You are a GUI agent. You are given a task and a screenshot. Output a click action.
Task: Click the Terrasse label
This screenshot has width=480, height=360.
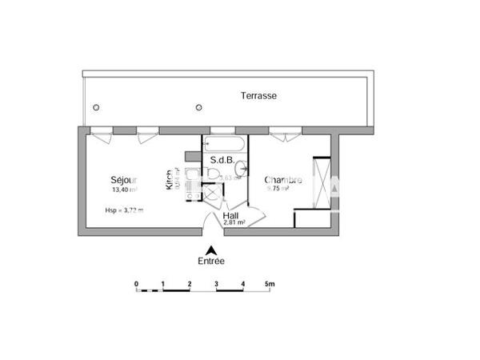pos(258,95)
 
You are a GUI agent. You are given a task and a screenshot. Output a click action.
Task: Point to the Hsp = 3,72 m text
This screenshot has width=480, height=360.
pos(124,210)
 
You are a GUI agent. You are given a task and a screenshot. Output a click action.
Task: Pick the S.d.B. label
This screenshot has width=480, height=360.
pos(222,160)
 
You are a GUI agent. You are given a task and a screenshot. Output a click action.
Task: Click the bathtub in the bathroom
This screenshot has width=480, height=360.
pos(225,145)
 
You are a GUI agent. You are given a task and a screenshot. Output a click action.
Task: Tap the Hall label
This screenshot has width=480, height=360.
pos(231,215)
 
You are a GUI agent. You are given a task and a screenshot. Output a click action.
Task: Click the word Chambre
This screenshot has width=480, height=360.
pos(283,180)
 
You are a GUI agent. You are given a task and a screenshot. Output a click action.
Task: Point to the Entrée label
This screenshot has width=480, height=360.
pos(211,262)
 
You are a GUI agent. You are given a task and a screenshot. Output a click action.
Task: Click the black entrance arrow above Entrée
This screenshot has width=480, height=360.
pos(211,249)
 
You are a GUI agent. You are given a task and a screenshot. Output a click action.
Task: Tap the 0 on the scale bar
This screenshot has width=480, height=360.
pos(136,283)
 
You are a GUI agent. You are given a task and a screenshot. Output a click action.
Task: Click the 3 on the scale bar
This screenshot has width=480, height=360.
pos(216,283)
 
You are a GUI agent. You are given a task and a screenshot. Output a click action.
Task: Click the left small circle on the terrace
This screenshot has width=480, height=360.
pos(96,108)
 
